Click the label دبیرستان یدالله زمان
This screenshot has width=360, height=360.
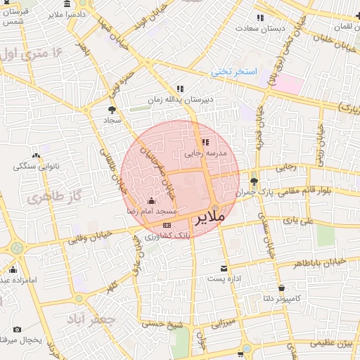pyautogui.click(x=177, y=100)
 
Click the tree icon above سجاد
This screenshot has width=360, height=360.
pyautogui.click(x=112, y=109)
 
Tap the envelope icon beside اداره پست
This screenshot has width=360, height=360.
pyautogui.click(x=224, y=269)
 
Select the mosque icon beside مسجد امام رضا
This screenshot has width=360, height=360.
pyautogui.click(x=152, y=201)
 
